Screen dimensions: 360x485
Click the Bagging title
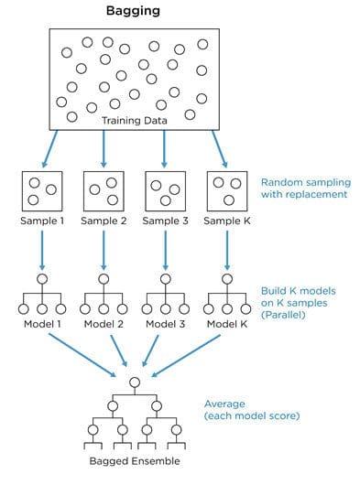pyautogui.click(x=133, y=11)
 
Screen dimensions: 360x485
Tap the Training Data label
pyautogui.click(x=135, y=120)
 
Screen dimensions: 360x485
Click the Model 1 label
pyautogui.click(x=42, y=324)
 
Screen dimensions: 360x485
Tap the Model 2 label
pyautogui.click(x=104, y=324)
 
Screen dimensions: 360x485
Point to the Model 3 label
pyautogui.click(x=165, y=324)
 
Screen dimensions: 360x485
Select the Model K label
pyautogui.click(x=227, y=324)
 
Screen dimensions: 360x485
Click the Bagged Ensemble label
pyautogui.click(x=135, y=461)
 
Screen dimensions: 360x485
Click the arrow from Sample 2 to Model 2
pyautogui.click(x=104, y=251)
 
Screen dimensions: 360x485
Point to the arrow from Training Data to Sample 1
pyautogui.click(x=49, y=149)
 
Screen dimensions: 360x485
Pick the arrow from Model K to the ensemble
pyautogui.click(x=186, y=356)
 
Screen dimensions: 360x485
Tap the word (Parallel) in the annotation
pyautogui.click(x=283, y=315)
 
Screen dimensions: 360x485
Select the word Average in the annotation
pyautogui.click(x=224, y=404)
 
